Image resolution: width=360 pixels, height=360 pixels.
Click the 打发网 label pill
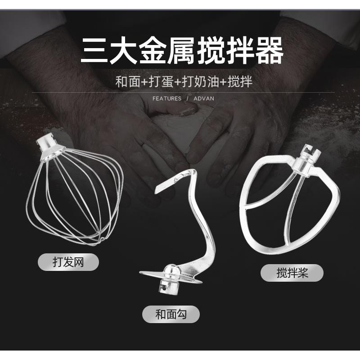coord(67,261)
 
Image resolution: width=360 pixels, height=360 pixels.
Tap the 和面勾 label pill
coord(171,314)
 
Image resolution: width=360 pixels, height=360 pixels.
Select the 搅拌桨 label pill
coord(292,273)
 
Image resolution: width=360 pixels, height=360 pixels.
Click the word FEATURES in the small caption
coord(167,99)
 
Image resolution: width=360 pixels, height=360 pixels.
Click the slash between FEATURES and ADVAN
coord(188,99)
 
